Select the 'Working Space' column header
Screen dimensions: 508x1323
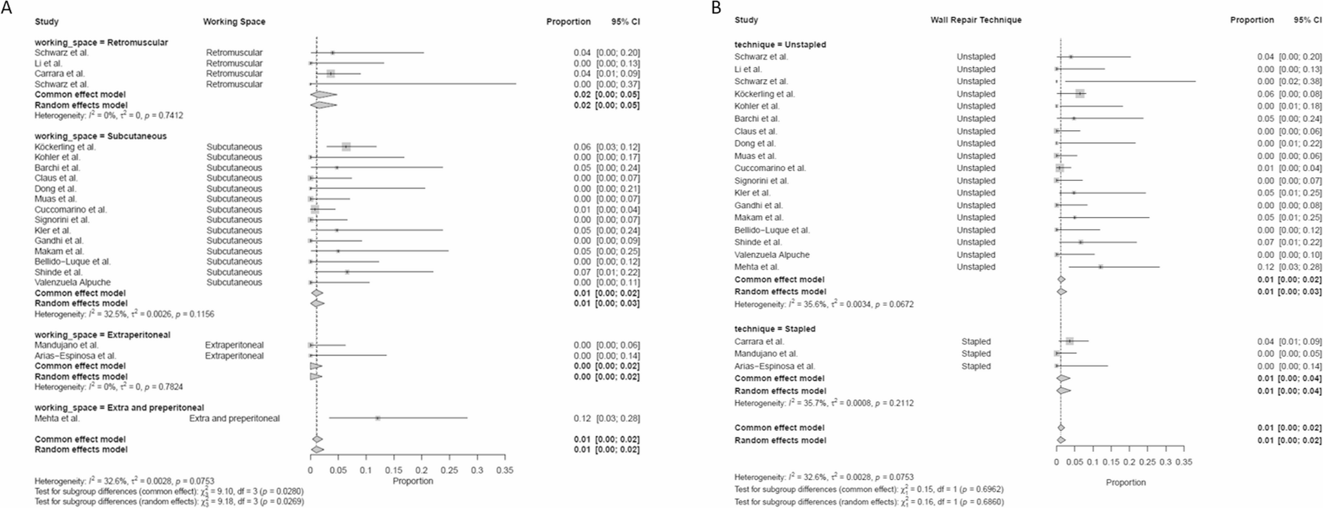click(234, 22)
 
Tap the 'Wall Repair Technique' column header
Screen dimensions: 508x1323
click(976, 20)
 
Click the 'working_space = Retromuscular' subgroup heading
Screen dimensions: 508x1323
click(101, 42)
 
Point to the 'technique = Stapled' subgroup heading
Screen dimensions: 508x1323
click(775, 329)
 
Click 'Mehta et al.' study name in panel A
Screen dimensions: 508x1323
click(57, 419)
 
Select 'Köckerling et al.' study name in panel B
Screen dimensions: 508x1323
click(764, 94)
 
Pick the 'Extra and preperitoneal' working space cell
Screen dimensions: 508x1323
click(234, 419)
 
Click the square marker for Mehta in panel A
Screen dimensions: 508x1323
click(378, 419)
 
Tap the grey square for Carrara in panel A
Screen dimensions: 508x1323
click(331, 74)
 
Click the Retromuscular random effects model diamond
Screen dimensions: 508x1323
click(323, 105)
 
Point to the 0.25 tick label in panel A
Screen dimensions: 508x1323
click(449, 471)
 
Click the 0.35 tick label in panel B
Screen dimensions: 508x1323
click(1184, 462)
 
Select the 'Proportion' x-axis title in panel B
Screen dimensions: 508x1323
click(1125, 482)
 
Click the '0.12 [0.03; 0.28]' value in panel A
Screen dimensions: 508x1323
click(606, 419)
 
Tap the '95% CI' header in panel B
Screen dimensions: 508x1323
click(1308, 20)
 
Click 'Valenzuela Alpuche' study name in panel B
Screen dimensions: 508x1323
click(772, 255)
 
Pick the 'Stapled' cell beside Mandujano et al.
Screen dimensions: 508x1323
click(976, 353)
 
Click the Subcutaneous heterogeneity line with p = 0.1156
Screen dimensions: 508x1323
click(124, 314)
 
